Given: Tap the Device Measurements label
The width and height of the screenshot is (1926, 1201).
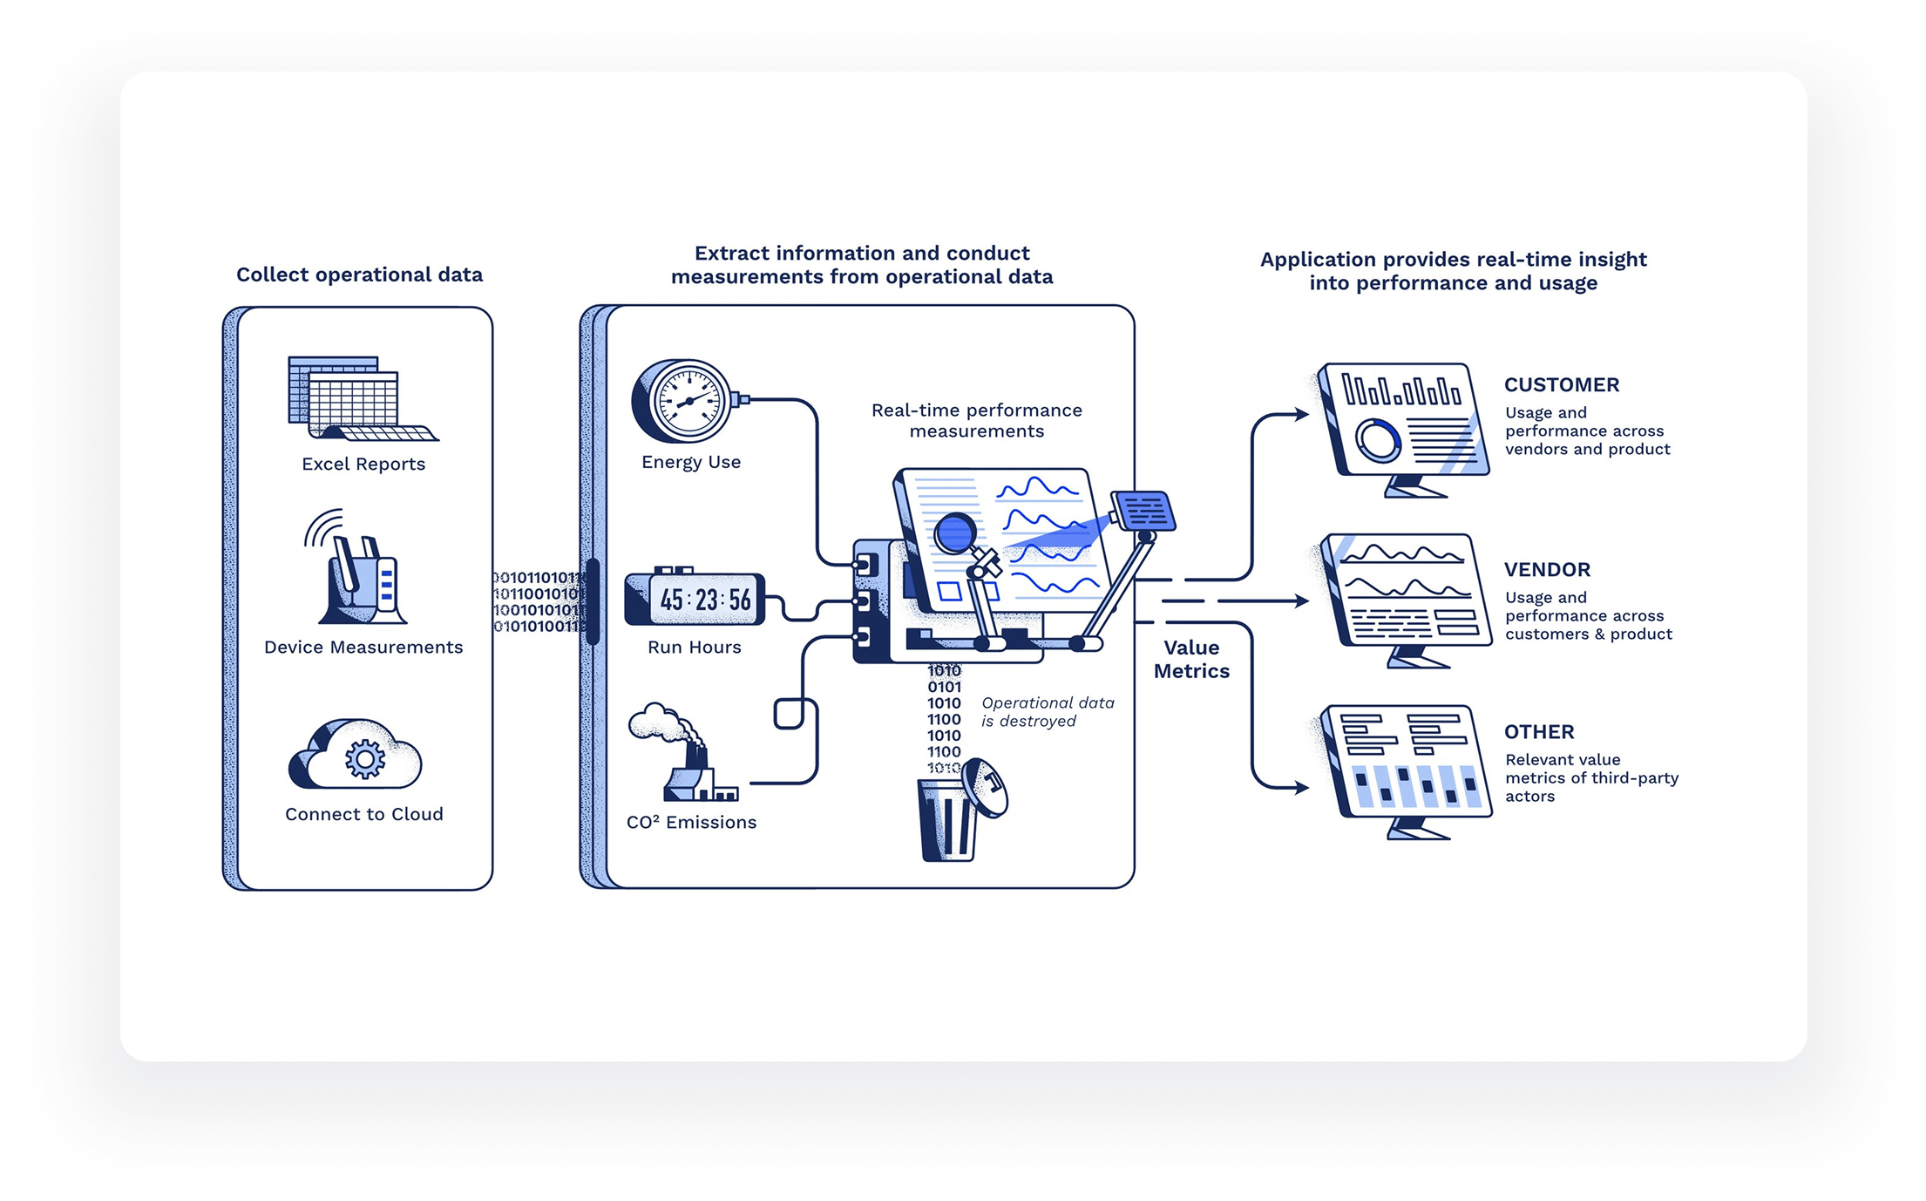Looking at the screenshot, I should pyautogui.click(x=363, y=648).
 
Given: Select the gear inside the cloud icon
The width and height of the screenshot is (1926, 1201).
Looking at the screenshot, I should pyautogui.click(x=364, y=759).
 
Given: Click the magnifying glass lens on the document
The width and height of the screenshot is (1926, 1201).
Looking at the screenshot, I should pyautogui.click(x=956, y=533).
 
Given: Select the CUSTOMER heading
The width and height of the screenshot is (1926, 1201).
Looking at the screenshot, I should pyautogui.click(x=1561, y=385).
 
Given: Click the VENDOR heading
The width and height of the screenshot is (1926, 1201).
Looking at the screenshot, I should pyautogui.click(x=1547, y=570).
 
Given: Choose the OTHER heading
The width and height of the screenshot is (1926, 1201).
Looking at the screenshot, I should pyautogui.click(x=1539, y=732).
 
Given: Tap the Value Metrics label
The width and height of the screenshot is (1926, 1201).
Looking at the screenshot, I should pyautogui.click(x=1191, y=659).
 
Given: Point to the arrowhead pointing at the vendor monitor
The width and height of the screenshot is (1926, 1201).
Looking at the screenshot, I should pyautogui.click(x=1301, y=600).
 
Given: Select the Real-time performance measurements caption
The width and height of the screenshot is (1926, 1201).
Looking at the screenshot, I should pyautogui.click(x=976, y=420).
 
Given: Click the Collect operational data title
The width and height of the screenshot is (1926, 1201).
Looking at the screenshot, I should pyautogui.click(x=359, y=275).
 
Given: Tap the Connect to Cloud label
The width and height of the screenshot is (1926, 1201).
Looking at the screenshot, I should pyautogui.click(x=364, y=814).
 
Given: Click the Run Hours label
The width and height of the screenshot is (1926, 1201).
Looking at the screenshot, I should pyautogui.click(x=695, y=648).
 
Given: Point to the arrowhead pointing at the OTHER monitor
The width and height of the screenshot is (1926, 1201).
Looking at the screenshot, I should pyautogui.click(x=1301, y=788).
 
